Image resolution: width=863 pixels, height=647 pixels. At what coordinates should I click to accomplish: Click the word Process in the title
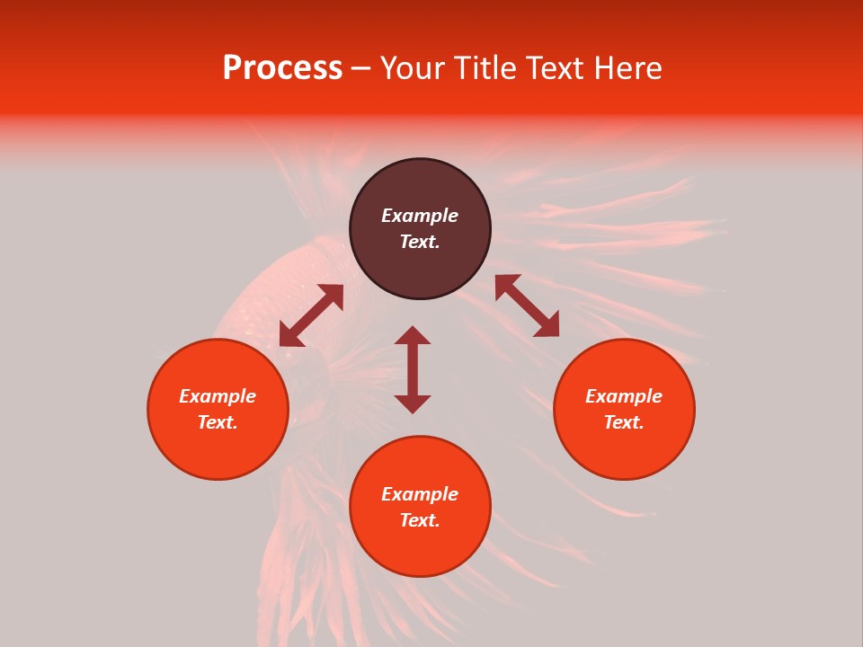[282, 68]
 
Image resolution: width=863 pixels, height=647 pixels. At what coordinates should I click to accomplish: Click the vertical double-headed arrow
[413, 369]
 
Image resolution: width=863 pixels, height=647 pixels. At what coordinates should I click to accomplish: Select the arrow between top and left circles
[311, 315]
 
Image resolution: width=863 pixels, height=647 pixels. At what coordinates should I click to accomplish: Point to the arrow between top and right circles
[527, 306]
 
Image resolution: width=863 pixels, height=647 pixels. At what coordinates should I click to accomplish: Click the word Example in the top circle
[420, 216]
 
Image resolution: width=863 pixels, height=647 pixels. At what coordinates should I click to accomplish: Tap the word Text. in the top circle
[420, 242]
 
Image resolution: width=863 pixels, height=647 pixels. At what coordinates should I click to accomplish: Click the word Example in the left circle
[218, 396]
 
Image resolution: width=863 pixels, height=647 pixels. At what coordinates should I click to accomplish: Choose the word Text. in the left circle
[218, 422]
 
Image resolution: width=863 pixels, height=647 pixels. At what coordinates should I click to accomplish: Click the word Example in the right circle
[624, 396]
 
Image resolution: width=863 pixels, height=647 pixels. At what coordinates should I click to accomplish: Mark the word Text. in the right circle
[624, 422]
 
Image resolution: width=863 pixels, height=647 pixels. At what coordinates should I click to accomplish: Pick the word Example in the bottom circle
[420, 494]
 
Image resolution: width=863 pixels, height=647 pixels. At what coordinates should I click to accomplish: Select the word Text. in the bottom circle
[420, 520]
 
